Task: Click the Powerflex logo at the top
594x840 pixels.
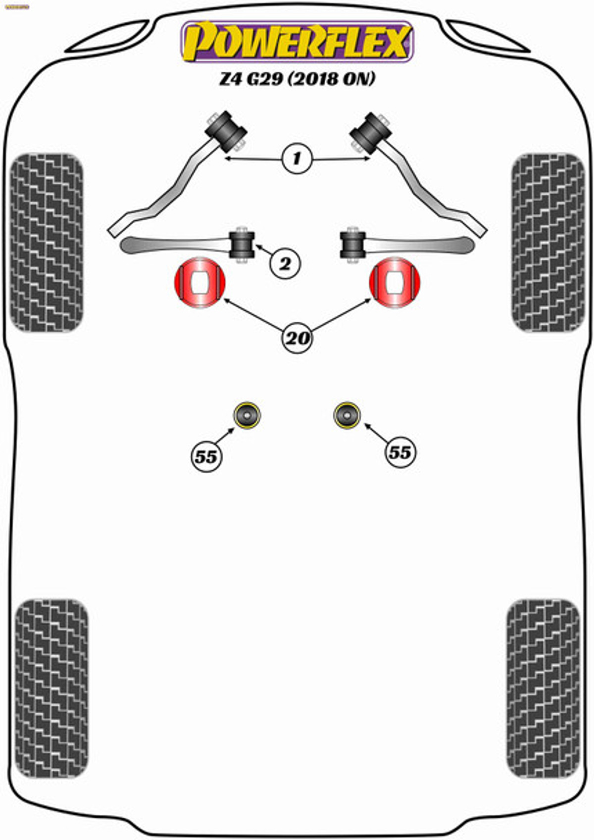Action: coord(297,42)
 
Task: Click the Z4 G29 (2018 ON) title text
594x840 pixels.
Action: coord(297,79)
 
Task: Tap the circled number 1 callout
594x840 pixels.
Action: coord(297,159)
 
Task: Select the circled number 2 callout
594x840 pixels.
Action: coord(285,264)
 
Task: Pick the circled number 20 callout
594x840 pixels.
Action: coord(297,339)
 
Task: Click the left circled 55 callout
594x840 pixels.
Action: coord(206,456)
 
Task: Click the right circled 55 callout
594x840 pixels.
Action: coord(400,452)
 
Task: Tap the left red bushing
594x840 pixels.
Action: coord(199,283)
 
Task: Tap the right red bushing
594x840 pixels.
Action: coord(395,283)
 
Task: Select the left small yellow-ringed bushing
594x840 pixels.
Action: coord(247,415)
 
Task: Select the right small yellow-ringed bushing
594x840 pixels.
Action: coord(346,415)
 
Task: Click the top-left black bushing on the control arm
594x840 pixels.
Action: coord(226,131)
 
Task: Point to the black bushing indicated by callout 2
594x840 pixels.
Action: coord(242,245)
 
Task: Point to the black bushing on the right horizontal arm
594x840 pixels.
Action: coord(353,245)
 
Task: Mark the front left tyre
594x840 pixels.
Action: coord(47,243)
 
